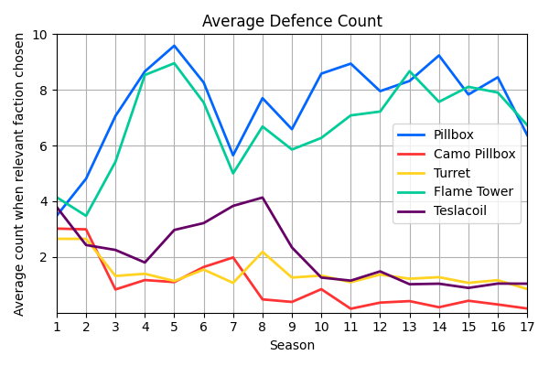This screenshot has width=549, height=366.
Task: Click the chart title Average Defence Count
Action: coord(292,21)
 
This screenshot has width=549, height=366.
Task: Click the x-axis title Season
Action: coord(292,346)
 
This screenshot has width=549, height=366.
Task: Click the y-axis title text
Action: coord(19,174)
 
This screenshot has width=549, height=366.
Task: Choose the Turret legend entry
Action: coord(452,173)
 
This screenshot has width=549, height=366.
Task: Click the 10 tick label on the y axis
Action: coord(41,35)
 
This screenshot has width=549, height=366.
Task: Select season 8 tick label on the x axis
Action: coord(263,326)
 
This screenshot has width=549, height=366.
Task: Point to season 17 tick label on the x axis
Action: coord(527,326)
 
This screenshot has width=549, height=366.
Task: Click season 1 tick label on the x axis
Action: coord(57,326)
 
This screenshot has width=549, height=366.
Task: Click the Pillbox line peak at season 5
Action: coord(174,46)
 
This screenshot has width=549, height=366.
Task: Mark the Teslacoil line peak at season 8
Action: coord(263,198)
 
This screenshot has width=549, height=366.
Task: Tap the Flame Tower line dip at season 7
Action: coord(233,173)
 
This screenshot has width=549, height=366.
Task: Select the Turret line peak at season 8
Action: coord(263,252)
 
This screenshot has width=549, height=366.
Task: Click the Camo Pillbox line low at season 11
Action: coord(350,308)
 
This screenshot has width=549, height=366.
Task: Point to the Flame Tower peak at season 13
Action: coord(410,71)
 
